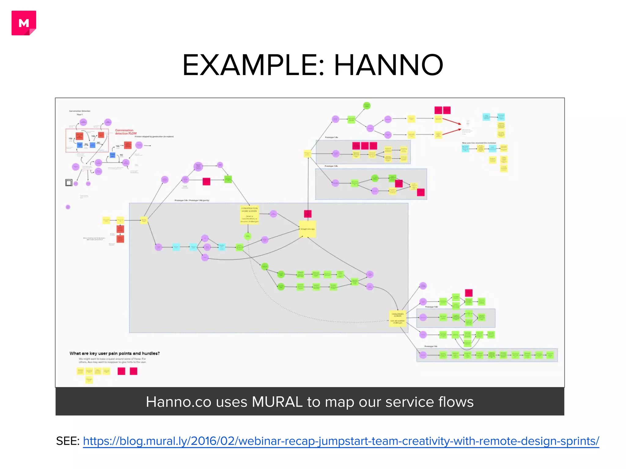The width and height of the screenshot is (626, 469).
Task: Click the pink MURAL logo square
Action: [x=24, y=23]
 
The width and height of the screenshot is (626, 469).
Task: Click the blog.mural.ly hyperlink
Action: [x=341, y=441]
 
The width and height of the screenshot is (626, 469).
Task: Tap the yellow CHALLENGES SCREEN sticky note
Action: [x=397, y=318]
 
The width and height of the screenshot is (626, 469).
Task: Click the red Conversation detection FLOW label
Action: [x=126, y=132]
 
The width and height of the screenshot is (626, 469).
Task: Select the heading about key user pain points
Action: [x=114, y=353]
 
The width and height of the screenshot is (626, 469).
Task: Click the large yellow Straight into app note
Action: [x=307, y=229]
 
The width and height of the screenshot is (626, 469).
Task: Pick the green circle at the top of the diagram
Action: [x=366, y=106]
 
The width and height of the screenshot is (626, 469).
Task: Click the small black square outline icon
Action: [x=69, y=183]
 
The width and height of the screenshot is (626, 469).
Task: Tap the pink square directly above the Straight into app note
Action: [x=307, y=214]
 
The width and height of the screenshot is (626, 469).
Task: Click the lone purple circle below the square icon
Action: [x=68, y=207]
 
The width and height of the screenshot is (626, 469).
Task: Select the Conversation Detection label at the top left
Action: [x=79, y=111]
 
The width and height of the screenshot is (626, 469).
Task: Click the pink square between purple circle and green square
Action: [x=206, y=181]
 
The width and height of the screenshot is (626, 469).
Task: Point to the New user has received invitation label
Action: [x=479, y=143]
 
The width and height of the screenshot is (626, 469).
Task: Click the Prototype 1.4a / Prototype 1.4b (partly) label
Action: [x=192, y=200]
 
